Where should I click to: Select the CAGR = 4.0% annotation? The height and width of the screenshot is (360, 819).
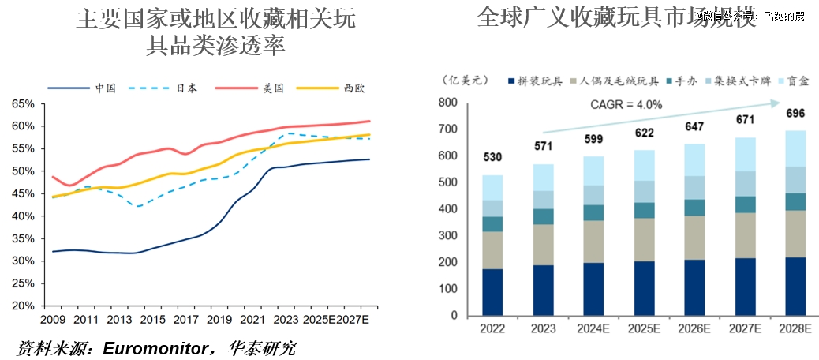coord(626,104)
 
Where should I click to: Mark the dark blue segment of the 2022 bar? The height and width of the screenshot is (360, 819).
coord(493,292)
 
